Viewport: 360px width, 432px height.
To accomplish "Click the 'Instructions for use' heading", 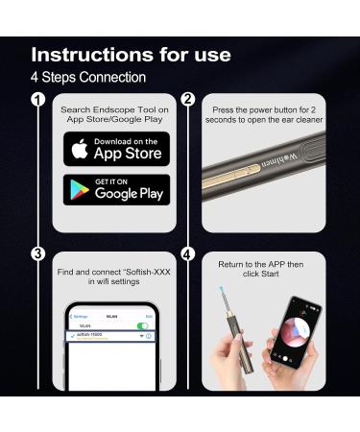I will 131,54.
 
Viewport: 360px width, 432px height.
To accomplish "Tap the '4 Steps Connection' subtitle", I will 88,77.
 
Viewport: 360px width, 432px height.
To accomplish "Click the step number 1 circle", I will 37,100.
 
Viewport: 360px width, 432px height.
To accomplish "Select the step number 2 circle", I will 188,100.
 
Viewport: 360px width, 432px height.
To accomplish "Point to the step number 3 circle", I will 37,254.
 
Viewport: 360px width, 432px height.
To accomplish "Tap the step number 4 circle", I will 188,254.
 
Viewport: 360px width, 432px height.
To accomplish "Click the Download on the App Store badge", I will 116,149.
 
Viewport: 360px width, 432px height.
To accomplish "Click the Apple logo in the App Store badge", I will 82,150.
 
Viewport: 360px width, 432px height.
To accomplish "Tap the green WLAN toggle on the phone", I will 142,325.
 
